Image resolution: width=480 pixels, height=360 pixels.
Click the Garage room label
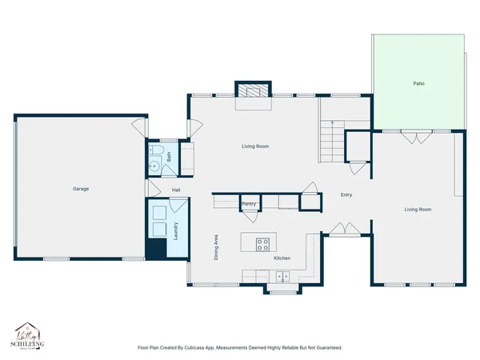(x=80, y=189)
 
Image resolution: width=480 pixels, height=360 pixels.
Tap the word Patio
(x=418, y=83)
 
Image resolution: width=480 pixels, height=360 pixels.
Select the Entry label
(x=346, y=195)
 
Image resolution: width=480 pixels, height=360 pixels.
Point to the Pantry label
(x=249, y=204)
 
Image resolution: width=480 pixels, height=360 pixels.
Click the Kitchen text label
(x=282, y=258)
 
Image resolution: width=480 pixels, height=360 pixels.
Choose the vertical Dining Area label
(x=216, y=248)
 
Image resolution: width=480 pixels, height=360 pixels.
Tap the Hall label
(x=176, y=190)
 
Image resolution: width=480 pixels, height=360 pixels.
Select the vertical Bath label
(x=170, y=158)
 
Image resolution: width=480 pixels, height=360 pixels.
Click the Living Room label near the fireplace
(x=254, y=146)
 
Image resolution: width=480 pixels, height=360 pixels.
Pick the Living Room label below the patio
(x=418, y=210)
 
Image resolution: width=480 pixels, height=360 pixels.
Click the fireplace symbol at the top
(x=253, y=90)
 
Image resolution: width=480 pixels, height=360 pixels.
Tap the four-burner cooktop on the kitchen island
(x=262, y=243)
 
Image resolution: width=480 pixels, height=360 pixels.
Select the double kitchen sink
(x=282, y=277)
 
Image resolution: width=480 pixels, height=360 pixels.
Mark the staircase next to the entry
(x=330, y=140)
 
